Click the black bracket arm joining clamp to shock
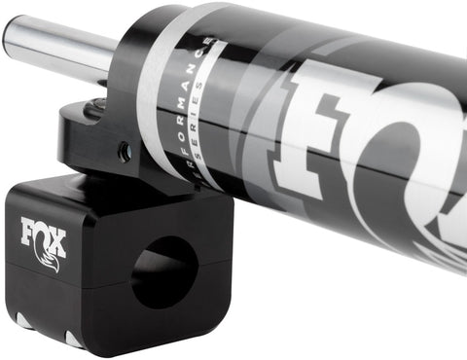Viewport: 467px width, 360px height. (97, 146)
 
